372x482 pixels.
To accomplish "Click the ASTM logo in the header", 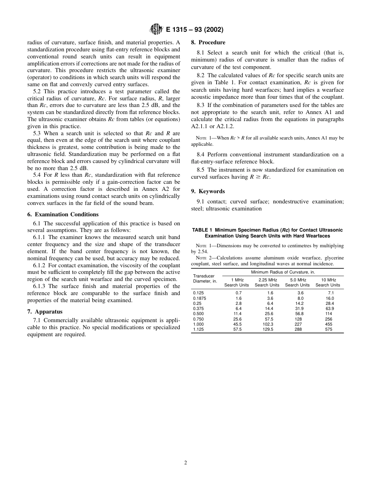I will pos(156,30).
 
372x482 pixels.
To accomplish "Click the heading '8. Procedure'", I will pos(208,42).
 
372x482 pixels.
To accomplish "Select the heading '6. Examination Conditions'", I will pos(63,214).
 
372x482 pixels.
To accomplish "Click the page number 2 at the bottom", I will pos(186,462).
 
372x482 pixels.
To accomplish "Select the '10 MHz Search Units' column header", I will pos(328,283).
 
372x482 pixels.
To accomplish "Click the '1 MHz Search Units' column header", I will pos(237,283).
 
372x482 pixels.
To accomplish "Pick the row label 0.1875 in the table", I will pos(199,298).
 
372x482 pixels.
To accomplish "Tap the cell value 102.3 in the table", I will pos(268,324).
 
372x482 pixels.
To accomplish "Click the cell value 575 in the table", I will pos(329,330).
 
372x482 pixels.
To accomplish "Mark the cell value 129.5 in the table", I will pos(268,330).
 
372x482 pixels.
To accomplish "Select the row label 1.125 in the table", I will pos(199,330).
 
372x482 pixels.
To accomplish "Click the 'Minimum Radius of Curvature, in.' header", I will pos(283,272).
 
